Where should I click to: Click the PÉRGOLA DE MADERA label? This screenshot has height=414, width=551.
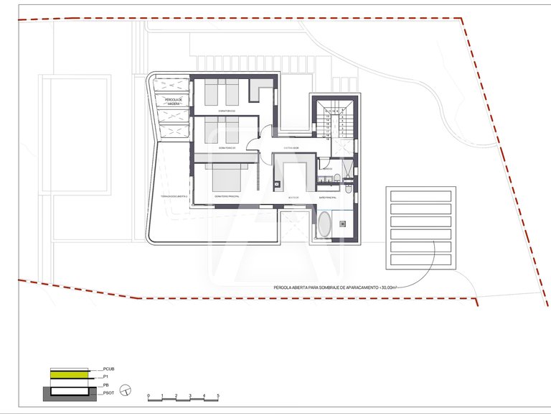tap(174, 101)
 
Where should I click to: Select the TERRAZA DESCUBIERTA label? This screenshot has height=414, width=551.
tap(174, 195)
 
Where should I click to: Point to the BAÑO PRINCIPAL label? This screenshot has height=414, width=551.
tap(328, 196)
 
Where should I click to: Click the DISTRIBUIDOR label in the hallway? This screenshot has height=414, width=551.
tap(291, 147)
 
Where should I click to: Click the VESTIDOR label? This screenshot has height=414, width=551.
tap(293, 196)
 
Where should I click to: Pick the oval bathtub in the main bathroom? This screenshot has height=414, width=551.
tap(324, 224)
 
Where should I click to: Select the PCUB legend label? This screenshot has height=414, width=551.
tap(109, 369)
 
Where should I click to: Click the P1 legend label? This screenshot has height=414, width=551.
tap(105, 376)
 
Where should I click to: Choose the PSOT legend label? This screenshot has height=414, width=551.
tap(109, 393)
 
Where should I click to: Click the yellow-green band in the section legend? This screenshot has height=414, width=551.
tap(70, 375)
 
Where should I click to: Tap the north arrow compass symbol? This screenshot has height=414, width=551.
tap(126, 390)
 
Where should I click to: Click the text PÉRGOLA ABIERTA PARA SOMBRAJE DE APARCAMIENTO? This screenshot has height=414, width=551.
tap(335, 287)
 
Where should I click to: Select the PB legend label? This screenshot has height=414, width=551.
tap(105, 385)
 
